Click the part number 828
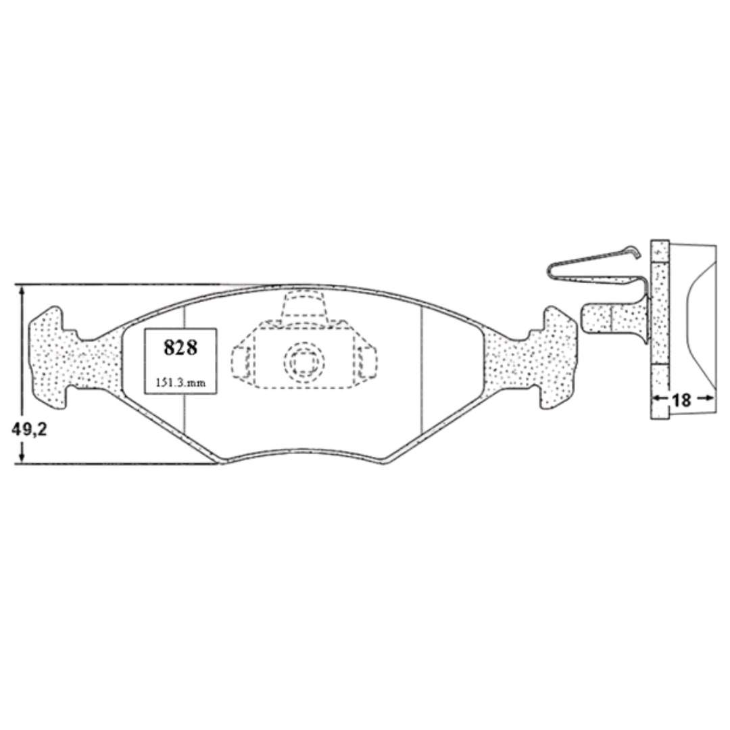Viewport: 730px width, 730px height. (x=180, y=347)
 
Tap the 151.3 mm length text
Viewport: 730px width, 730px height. (x=180, y=383)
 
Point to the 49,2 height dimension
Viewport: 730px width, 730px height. (x=29, y=430)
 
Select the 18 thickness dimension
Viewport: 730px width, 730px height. (x=681, y=399)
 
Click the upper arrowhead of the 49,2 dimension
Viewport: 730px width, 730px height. (x=22, y=291)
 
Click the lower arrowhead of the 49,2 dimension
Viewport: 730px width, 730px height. (x=22, y=456)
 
